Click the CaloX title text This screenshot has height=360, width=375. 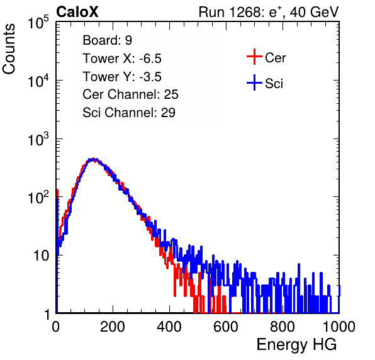(x=77, y=12)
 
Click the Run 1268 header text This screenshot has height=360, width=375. (x=269, y=12)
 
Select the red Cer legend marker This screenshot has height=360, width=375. (x=254, y=57)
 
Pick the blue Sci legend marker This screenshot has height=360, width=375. (x=254, y=83)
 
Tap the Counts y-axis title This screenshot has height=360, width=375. (x=9, y=49)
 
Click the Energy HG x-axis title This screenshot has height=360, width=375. (x=296, y=345)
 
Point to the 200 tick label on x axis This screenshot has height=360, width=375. (x=113, y=327)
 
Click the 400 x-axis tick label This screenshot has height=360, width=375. (x=169, y=327)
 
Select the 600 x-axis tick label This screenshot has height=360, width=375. (x=226, y=327)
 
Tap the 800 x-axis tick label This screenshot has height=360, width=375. (x=283, y=327)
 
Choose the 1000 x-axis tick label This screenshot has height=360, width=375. (x=339, y=327)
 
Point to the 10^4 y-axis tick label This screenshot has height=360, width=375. (x=38, y=81)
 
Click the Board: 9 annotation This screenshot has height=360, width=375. (x=108, y=40)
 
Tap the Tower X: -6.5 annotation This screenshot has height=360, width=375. (x=122, y=59)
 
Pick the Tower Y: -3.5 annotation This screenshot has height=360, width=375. (x=122, y=77)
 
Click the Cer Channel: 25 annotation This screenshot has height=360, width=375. (x=130, y=94)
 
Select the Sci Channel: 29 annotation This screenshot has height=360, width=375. (x=129, y=113)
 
